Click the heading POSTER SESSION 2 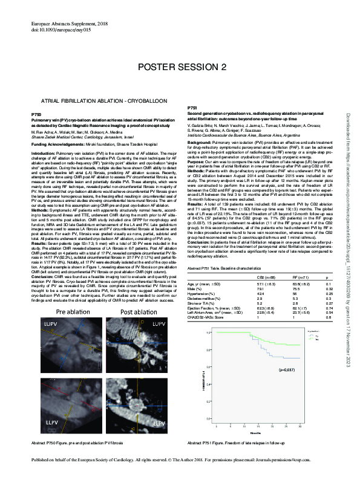(180, 65)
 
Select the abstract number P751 (194, 106)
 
